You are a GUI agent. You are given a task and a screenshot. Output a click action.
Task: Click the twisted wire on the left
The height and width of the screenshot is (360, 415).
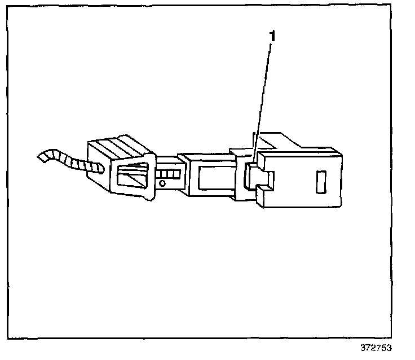tap(68, 160)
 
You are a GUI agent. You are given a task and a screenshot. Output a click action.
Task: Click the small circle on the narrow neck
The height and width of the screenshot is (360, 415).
tap(162, 183)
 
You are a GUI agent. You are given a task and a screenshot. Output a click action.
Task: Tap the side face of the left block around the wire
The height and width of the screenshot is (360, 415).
tap(98, 169)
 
